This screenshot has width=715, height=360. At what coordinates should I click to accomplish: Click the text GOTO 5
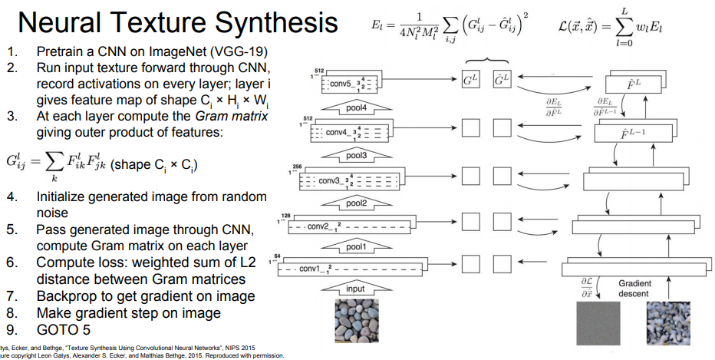click(x=64, y=330)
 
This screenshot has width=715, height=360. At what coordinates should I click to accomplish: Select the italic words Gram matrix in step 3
click(x=232, y=117)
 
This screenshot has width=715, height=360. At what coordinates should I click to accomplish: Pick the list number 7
click(x=12, y=296)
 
